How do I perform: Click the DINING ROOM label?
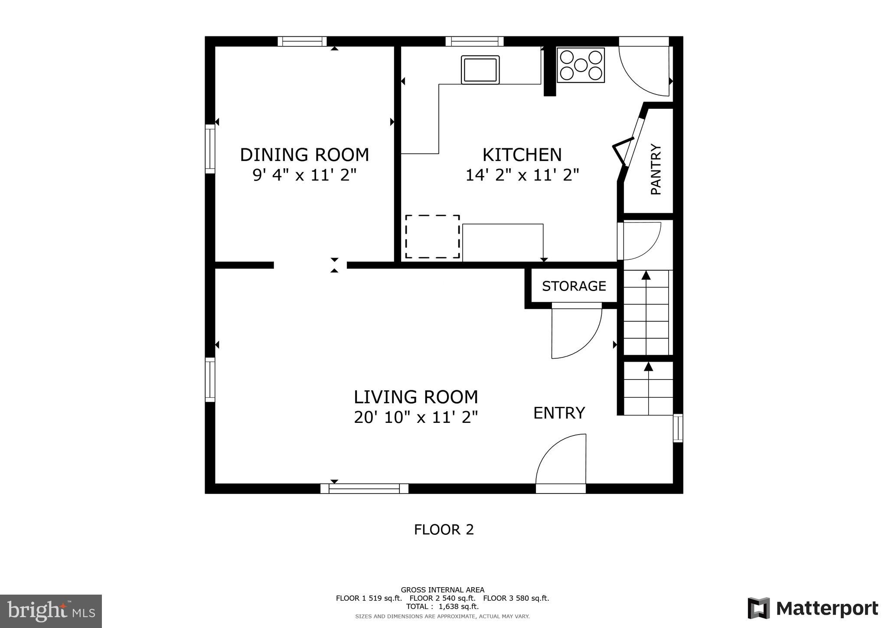[x=304, y=155]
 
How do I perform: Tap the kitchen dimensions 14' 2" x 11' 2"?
[x=522, y=175]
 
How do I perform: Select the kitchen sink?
[x=480, y=70]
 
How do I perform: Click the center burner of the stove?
[x=581, y=65]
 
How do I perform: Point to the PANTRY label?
[x=656, y=169]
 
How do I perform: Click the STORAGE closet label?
[x=574, y=286]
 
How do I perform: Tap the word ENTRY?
[x=559, y=413]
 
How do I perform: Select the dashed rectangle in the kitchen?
[x=432, y=236]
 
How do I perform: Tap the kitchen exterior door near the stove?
[x=644, y=69]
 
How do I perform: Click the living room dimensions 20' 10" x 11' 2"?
[x=416, y=418]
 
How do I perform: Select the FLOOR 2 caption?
[x=444, y=530]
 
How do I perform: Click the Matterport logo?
[x=813, y=608]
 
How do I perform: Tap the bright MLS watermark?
[x=51, y=611]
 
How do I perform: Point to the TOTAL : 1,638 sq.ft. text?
[x=442, y=606]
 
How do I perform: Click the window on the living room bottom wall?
[x=364, y=489]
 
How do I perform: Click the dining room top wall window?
[x=302, y=41]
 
